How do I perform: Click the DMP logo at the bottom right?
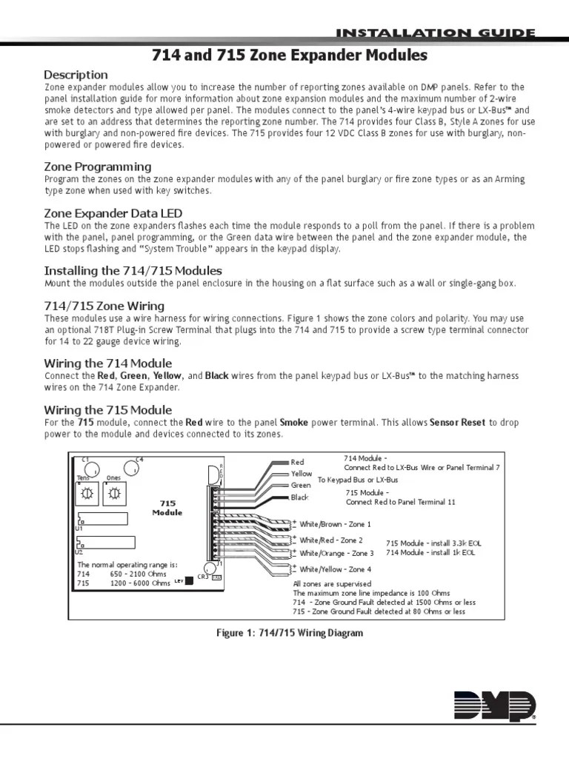pyautogui.click(x=494, y=705)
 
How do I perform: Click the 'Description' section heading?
pyautogui.click(x=76, y=75)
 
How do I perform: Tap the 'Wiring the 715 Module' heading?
pyautogui.click(x=108, y=410)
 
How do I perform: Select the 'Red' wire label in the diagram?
pyautogui.click(x=298, y=462)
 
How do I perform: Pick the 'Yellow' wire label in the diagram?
pyautogui.click(x=302, y=474)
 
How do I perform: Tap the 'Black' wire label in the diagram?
pyautogui.click(x=299, y=497)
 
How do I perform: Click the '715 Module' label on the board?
pyautogui.click(x=167, y=507)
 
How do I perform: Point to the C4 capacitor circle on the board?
pyautogui.click(x=135, y=468)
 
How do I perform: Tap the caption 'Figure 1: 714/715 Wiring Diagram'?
pyautogui.click(x=284, y=634)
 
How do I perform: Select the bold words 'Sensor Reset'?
pyautogui.click(x=458, y=423)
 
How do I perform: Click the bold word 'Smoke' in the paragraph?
pyautogui.click(x=294, y=423)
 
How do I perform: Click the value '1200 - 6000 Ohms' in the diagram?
pyautogui.click(x=141, y=583)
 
